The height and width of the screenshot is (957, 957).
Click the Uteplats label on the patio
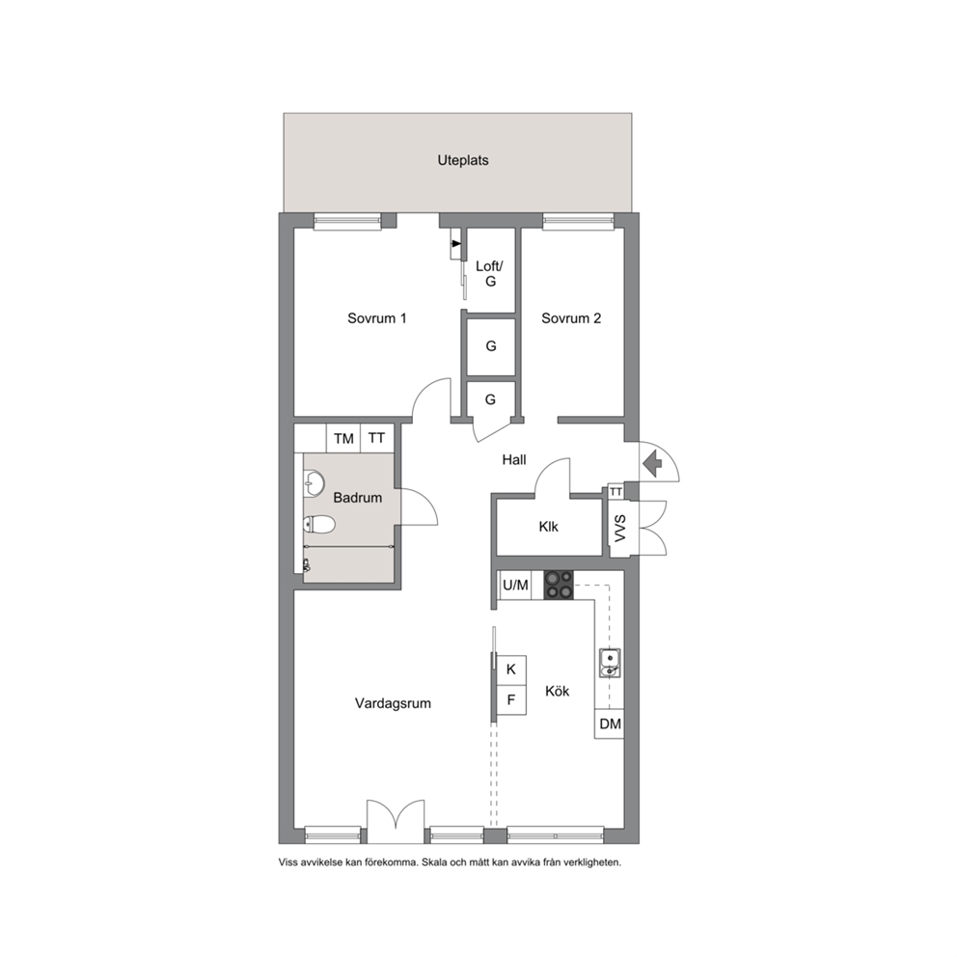coord(463,160)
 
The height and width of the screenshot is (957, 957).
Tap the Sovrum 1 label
coord(376,318)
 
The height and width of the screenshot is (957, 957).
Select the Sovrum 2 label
coord(571,318)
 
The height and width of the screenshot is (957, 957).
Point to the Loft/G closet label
coord(489,273)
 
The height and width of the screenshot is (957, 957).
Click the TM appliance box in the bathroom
coord(343,438)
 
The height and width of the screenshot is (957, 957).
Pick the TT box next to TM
coord(376,438)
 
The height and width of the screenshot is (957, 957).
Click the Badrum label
coord(358,498)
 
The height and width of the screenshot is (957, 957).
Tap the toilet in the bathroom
coord(319,524)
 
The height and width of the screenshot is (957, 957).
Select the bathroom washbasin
coord(314,482)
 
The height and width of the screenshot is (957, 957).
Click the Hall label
coord(514,459)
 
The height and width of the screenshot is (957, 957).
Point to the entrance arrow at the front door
coord(654,463)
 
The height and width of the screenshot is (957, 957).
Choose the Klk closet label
coord(548,526)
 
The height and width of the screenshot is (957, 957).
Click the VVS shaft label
coord(620,528)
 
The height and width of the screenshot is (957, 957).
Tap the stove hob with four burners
coord(559,585)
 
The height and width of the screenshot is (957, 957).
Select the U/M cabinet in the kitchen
coord(515,586)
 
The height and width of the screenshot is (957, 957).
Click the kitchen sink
coord(610,664)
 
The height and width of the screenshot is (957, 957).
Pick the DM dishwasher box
coord(610,724)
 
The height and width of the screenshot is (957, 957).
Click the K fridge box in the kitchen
coord(511,670)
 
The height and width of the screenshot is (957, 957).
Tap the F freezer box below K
coord(511,700)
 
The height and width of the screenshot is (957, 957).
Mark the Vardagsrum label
coord(393,703)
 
